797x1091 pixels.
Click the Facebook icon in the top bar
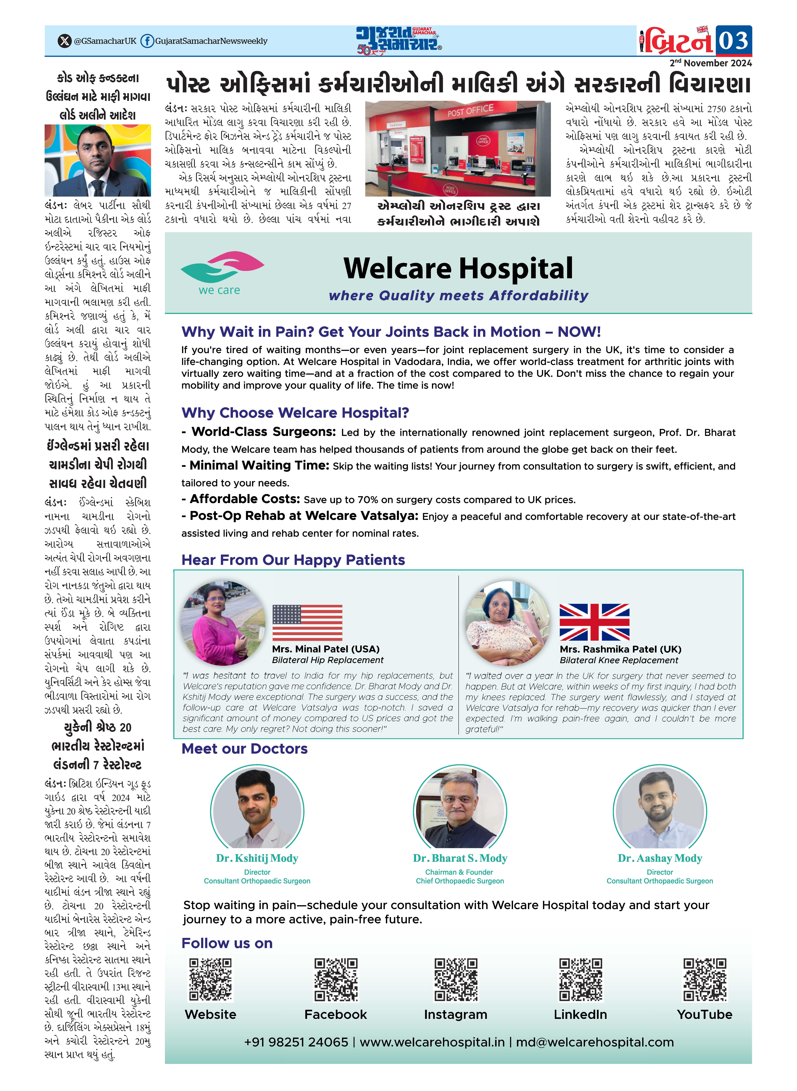pos(147,41)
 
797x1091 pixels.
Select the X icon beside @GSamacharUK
pos(64,41)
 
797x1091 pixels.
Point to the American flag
pos(307,622)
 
